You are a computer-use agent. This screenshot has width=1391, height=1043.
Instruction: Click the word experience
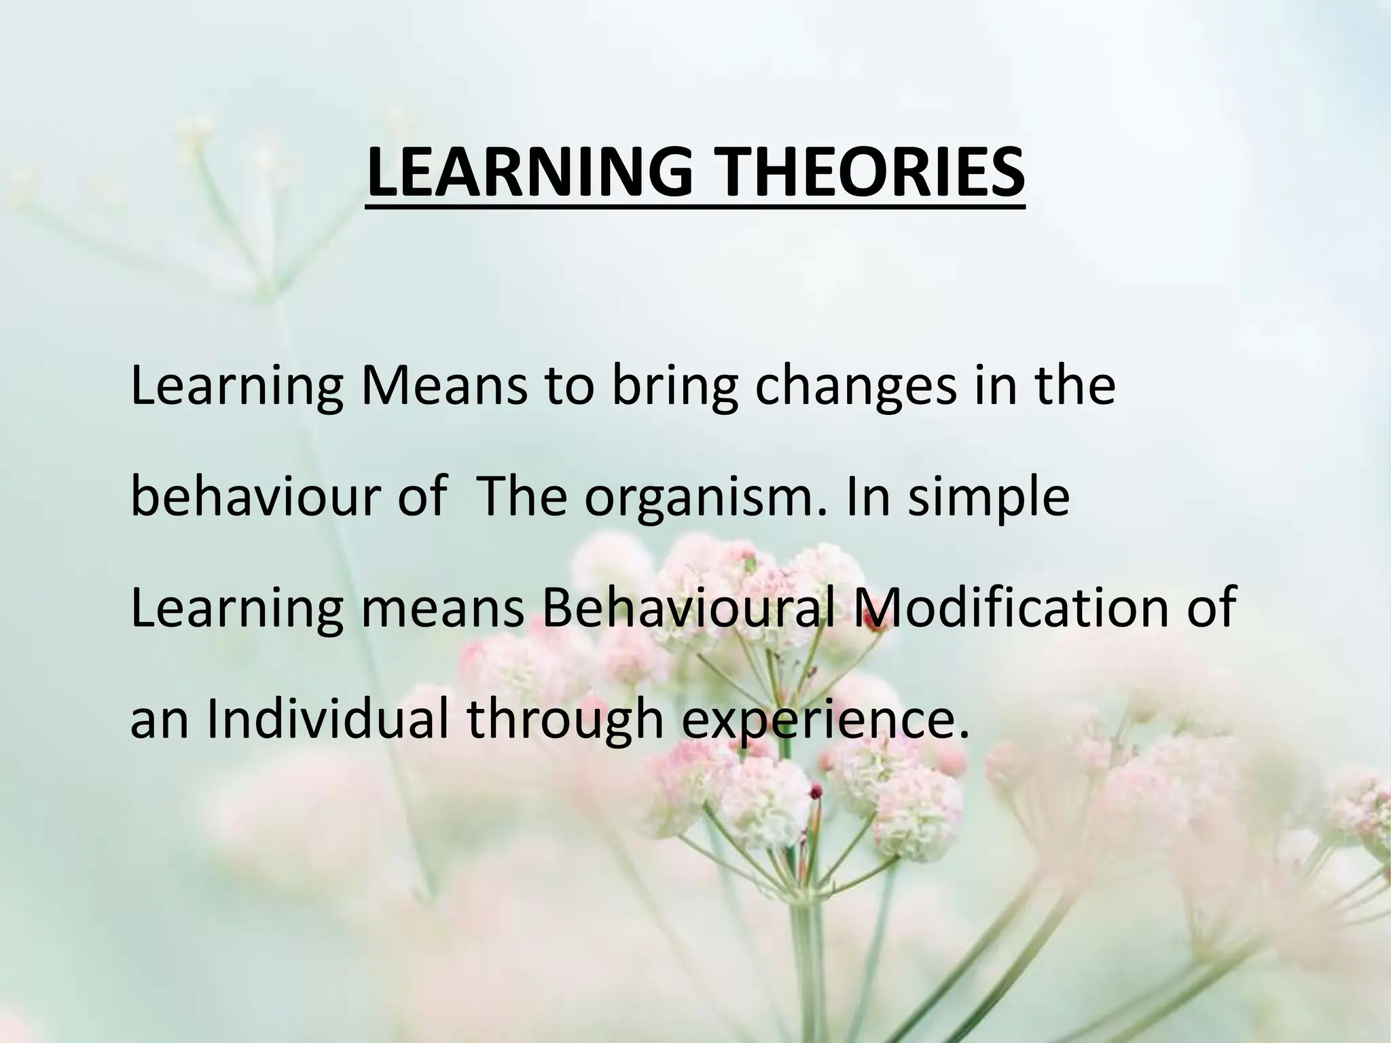pos(823,721)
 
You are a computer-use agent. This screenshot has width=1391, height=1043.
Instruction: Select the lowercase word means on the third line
pos(443,609)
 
